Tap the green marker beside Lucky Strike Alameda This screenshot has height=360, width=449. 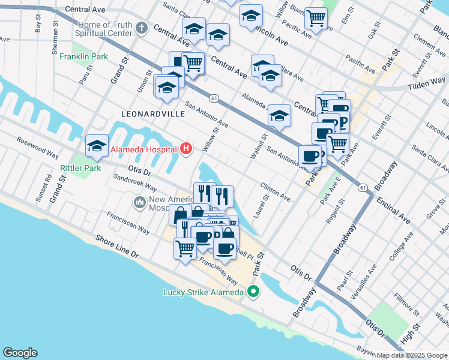click(x=253, y=292)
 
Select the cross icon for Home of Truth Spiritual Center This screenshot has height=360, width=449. click(x=141, y=28)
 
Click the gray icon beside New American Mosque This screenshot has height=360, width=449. click(x=140, y=202)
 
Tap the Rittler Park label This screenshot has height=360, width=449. click(x=80, y=169)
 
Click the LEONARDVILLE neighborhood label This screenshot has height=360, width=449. click(x=148, y=113)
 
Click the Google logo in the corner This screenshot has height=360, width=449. click(x=20, y=352)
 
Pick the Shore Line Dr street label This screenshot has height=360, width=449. click(x=117, y=247)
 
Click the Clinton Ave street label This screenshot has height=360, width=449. click(x=275, y=191)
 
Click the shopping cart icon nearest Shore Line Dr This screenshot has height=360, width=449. click(x=185, y=247)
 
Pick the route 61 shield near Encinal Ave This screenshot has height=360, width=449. click(x=363, y=188)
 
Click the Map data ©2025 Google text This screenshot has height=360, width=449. click(x=411, y=355)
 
